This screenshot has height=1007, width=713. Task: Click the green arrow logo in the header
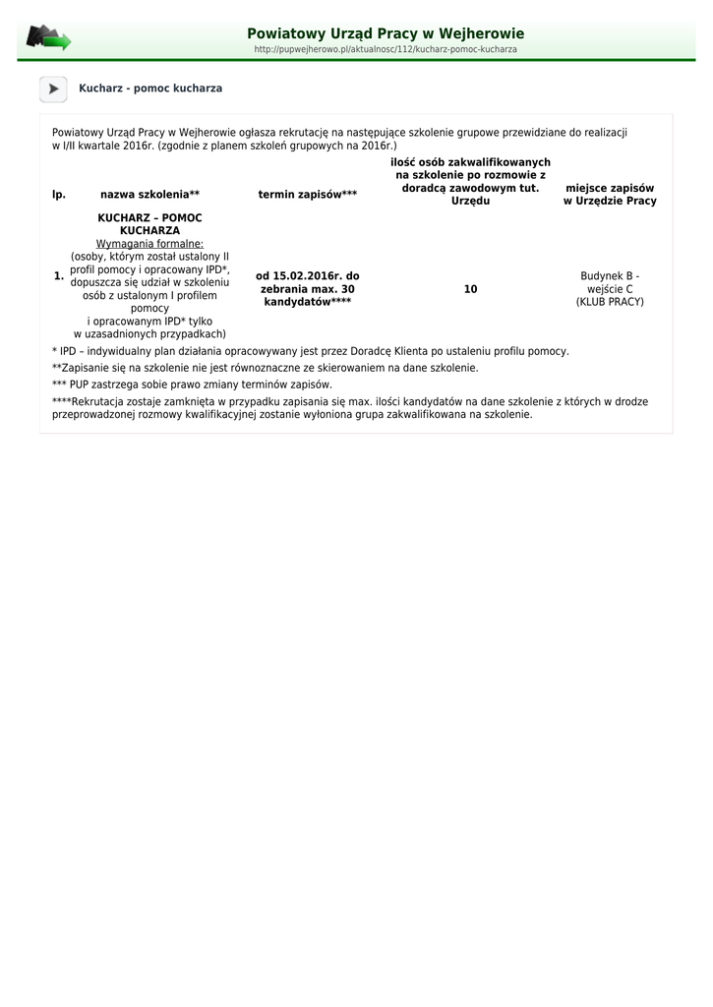click(x=48, y=38)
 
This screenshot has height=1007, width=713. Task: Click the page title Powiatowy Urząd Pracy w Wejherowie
click(x=386, y=33)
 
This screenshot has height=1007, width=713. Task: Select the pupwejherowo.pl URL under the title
click(x=386, y=49)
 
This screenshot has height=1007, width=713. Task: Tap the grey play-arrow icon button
click(x=53, y=89)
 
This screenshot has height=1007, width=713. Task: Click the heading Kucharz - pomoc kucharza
click(x=150, y=89)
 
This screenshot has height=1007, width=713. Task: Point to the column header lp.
click(x=59, y=195)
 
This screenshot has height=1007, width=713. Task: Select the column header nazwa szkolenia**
click(x=149, y=195)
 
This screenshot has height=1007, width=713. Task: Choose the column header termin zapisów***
click(x=308, y=195)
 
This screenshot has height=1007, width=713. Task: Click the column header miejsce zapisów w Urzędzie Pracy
click(x=610, y=195)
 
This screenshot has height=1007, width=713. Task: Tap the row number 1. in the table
click(x=59, y=276)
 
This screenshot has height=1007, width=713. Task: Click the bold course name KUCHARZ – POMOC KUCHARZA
click(x=149, y=224)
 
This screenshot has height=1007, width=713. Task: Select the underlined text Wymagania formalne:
click(x=149, y=243)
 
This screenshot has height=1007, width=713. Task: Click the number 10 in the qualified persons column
click(x=470, y=289)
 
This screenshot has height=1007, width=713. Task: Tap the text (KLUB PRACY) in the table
click(x=610, y=302)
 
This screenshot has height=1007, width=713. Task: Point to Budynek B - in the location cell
click(x=610, y=276)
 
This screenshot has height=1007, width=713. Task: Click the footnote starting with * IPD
click(x=310, y=351)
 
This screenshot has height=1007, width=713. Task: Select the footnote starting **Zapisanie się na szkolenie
click(x=266, y=368)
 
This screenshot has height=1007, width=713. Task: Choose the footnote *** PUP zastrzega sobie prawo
click(x=192, y=385)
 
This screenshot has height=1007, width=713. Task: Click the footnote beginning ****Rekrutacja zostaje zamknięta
click(x=349, y=408)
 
